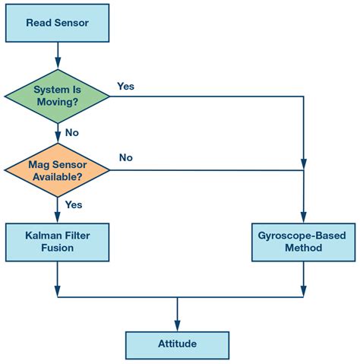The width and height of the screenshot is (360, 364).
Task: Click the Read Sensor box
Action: coord(57,23)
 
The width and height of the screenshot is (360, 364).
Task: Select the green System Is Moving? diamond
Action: coord(57,97)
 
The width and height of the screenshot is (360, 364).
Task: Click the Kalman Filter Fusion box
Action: coord(57,242)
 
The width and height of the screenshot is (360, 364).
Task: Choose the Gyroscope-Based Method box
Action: coord(303,242)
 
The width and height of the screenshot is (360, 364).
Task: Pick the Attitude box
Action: coord(177,344)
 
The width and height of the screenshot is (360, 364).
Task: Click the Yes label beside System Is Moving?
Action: coord(125,86)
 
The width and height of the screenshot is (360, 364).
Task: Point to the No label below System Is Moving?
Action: coord(72,131)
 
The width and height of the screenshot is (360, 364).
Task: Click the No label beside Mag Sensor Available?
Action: coord(126,157)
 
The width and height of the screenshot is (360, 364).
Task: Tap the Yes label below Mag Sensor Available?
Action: coord(74,204)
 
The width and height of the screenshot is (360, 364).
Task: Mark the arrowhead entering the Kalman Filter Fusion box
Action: coord(57,217)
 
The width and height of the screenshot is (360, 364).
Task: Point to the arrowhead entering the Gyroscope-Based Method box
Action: coord(303,217)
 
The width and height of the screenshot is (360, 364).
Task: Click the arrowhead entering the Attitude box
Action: coord(177,326)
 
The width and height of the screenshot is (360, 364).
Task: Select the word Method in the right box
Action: coord(303,248)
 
